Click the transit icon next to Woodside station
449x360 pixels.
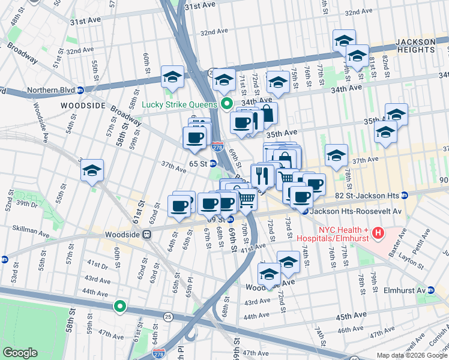[x=146, y=235]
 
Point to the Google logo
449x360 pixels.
[x=20, y=353]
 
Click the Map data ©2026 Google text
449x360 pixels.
[x=411, y=355]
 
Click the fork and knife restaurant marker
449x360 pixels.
[x=262, y=176]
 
